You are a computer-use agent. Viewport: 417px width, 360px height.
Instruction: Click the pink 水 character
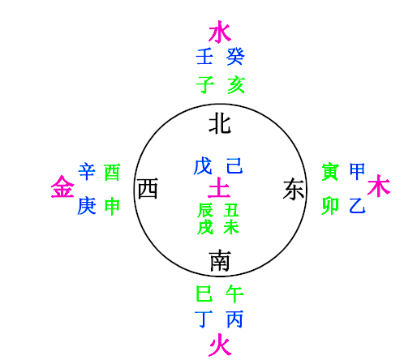220,32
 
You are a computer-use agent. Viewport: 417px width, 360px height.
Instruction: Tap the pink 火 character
220,345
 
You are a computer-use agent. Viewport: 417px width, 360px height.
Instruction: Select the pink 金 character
62,186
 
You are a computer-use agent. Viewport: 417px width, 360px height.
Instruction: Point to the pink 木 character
379,186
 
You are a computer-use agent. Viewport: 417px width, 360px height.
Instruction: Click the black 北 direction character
220,125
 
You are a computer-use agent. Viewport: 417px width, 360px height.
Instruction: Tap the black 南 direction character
220,260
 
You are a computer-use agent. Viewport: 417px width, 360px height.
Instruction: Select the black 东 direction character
294,189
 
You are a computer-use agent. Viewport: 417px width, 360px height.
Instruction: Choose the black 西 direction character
148,188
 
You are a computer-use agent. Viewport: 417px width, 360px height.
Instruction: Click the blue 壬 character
204,57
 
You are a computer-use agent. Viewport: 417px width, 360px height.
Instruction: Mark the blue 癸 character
235,57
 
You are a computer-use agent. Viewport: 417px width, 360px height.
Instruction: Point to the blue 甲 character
357,171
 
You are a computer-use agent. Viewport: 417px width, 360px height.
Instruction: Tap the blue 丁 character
204,319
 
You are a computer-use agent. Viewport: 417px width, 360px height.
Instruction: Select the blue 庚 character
87,206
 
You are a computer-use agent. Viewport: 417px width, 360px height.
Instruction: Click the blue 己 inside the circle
234,165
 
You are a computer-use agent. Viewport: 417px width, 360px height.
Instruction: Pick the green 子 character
205,85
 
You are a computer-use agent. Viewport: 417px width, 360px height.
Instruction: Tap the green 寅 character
330,172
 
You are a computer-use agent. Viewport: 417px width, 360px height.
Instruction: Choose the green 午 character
234,294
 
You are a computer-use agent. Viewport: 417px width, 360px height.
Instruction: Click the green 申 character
112,206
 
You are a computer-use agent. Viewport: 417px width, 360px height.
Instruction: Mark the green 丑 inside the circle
231,210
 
